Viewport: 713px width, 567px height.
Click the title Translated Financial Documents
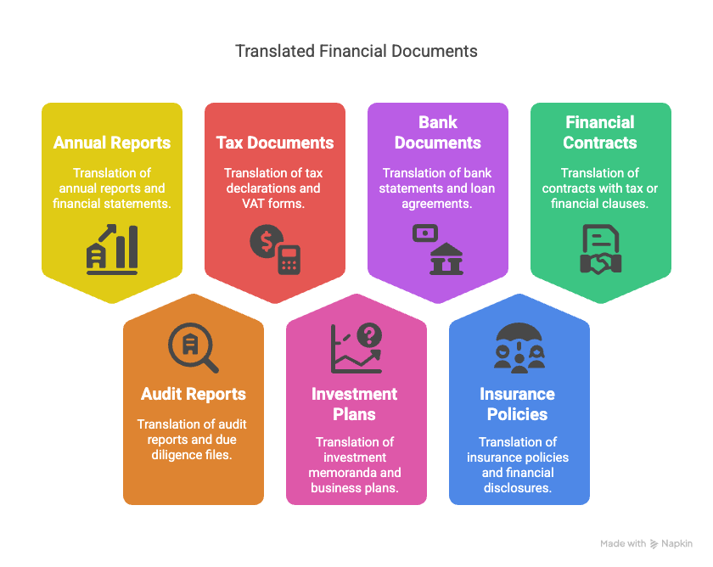[356, 51]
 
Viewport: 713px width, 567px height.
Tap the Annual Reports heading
[112, 143]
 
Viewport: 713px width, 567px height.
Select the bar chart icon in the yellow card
[112, 248]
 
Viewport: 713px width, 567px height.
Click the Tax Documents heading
[275, 143]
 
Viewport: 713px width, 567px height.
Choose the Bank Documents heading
[438, 132]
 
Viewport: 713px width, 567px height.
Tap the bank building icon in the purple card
[446, 260]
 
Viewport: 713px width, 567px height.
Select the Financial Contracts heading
[600, 132]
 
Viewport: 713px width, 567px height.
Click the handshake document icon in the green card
[600, 250]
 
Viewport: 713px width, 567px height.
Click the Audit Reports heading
[194, 394]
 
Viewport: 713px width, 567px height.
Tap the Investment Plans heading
[355, 404]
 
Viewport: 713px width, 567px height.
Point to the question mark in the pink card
[368, 336]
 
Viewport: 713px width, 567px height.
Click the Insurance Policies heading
[518, 404]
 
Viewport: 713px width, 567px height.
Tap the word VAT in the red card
[243, 204]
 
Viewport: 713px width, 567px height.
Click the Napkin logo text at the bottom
[677, 543]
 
